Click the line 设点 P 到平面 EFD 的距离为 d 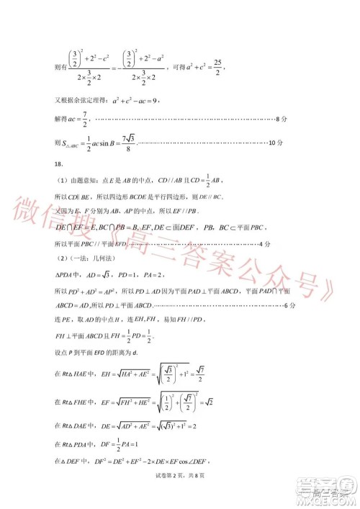tap(96, 352)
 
